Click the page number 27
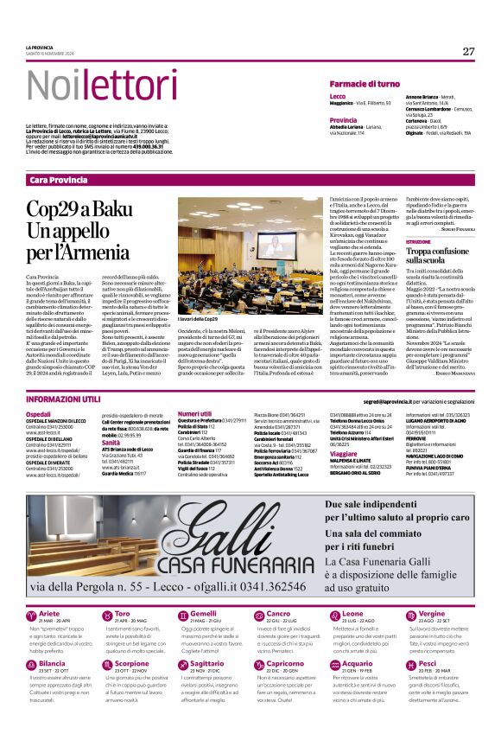(x=468, y=51)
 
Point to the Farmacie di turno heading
(x=365, y=84)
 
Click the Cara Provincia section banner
(x=58, y=179)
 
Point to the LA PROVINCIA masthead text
(x=41, y=48)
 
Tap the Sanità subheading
(x=113, y=442)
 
